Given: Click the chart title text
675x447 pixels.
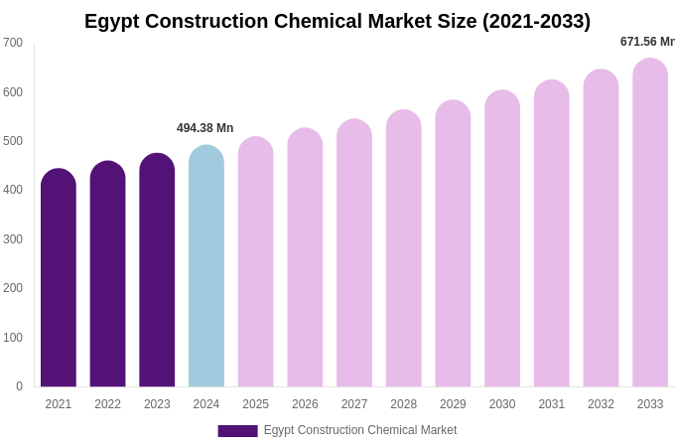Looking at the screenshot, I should point(337,21).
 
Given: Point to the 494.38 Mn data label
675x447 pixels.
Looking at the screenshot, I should point(204,128).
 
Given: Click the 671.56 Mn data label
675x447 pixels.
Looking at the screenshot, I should point(646,42).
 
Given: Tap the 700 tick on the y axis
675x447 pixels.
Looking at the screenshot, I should point(13,43).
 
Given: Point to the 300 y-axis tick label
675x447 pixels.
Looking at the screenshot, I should point(13,239).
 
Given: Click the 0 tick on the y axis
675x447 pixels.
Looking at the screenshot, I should point(19,386).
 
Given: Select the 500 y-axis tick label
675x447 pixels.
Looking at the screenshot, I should point(13,141).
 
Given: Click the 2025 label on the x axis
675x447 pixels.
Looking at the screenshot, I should point(255,404).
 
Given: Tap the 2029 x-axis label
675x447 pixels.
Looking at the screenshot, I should point(453,404).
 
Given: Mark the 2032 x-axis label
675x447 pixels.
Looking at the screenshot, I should point(601,404).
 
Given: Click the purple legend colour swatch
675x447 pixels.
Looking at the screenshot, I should point(237,431).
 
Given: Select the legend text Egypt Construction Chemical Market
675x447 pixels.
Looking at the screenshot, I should point(360,430).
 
